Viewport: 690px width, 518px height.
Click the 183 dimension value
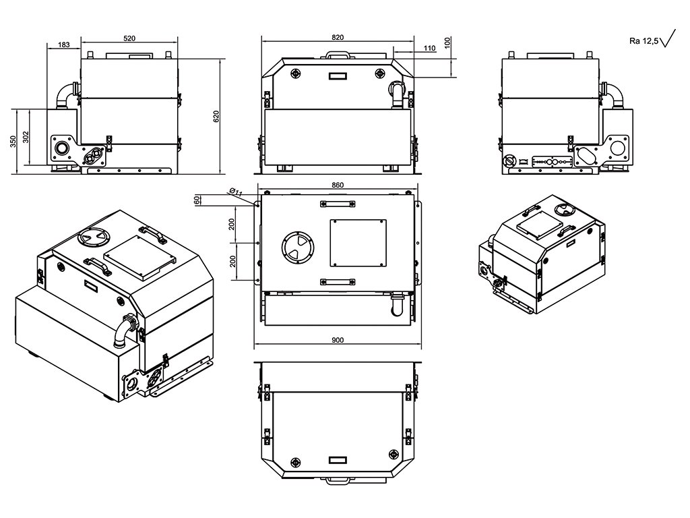point(64,45)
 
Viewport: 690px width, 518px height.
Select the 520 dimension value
point(131,38)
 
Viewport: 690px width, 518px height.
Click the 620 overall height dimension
point(216,116)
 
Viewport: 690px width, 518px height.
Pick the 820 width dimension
point(338,36)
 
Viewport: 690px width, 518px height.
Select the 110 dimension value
point(431,48)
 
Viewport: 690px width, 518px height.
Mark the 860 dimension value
point(338,185)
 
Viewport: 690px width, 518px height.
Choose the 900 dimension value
point(338,340)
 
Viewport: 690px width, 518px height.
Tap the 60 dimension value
point(197,200)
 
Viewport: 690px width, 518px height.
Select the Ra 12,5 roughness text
point(644,41)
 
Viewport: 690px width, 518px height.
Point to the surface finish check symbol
point(669,38)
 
